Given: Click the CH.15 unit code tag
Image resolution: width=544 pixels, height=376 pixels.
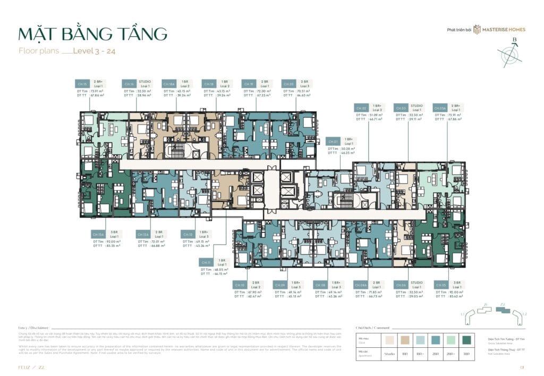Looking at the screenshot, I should [82, 84].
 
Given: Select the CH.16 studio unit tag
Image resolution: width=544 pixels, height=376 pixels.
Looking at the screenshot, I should [129, 84].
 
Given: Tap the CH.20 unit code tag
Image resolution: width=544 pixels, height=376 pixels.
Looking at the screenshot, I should [288, 84].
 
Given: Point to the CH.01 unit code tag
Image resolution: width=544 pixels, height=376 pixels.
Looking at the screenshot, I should [333, 142].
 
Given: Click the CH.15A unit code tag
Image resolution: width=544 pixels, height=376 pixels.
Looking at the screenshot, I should [98, 235].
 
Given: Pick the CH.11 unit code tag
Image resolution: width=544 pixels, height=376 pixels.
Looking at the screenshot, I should [206, 262].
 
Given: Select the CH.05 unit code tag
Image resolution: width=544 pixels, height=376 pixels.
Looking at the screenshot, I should [440, 285].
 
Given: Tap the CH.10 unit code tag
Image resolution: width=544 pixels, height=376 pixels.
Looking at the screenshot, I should [240, 285].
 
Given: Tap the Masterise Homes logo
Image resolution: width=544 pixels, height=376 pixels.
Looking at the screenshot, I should [499, 29].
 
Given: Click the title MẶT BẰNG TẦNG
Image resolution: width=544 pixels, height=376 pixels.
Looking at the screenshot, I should [93, 34].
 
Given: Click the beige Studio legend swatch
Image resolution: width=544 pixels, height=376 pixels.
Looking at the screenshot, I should [391, 340].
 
